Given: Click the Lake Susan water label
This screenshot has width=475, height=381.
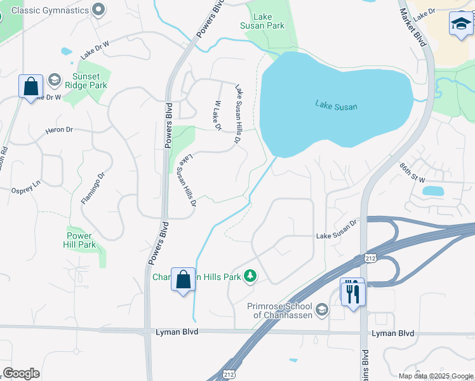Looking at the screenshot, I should [x=336, y=105].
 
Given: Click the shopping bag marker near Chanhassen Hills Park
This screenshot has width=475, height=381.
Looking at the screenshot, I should [x=183, y=279].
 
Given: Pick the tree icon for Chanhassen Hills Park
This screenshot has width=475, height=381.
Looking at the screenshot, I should [x=251, y=276].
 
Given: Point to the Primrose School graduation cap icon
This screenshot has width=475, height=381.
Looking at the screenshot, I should [x=322, y=310].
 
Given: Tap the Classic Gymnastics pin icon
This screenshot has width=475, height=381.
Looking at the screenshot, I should [x=98, y=10].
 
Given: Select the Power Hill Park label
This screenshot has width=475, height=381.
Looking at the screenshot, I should [x=81, y=240].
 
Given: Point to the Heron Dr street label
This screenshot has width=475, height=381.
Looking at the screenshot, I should [x=59, y=130].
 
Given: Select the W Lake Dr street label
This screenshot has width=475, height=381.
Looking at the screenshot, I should [x=217, y=116].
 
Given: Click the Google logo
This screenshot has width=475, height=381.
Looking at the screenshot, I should [x=21, y=373].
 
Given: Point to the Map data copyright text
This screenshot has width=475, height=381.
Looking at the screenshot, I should [x=436, y=376].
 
